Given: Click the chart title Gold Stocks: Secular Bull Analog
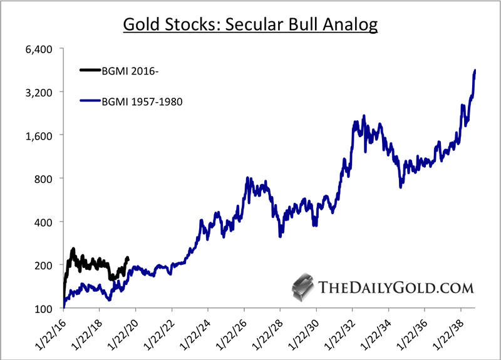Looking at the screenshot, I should click(x=250, y=25).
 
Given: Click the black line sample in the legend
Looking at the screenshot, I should click(x=90, y=70).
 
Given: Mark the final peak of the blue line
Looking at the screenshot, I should click(x=475, y=71).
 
